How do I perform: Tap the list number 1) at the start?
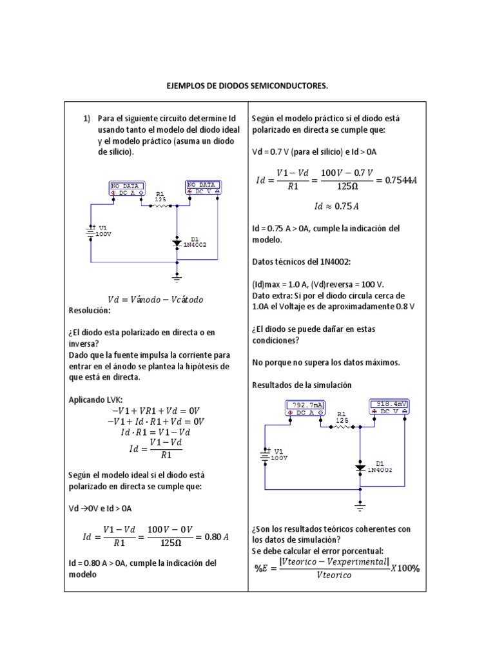click(87, 119)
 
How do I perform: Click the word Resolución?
click(90, 311)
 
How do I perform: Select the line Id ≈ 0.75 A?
click(336, 207)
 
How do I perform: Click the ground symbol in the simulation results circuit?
click(360, 506)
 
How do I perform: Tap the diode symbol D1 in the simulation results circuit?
click(360, 467)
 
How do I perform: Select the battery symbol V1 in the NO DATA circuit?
click(91, 231)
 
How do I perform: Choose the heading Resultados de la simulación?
click(302, 385)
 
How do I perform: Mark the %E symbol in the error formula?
click(261, 568)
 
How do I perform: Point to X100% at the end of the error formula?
click(405, 568)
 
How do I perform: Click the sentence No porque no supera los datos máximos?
click(326, 362)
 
